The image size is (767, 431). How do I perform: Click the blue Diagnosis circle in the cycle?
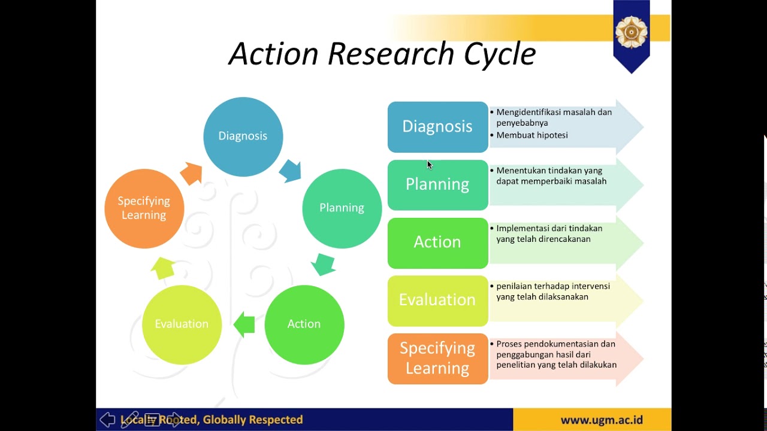point(243,136)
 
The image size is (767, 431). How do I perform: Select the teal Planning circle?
point(342,208)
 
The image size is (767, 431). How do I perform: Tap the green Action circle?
point(304,324)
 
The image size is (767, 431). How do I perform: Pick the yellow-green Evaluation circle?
point(182,324)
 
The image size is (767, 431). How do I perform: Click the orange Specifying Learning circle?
point(144,208)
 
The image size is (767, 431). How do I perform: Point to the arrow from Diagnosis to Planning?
point(291,171)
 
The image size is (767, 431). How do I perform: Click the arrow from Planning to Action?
point(324,264)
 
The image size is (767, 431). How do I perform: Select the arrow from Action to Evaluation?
point(244,324)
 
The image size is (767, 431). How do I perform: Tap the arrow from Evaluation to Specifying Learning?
point(162,268)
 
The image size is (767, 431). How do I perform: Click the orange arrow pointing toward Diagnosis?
point(192,174)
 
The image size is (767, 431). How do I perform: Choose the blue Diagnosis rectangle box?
point(437,127)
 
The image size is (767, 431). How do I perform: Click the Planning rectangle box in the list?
point(437,184)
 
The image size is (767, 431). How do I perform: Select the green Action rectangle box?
point(437,242)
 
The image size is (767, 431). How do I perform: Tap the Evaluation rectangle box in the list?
point(437,300)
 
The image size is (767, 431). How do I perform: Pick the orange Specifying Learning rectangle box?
point(437,358)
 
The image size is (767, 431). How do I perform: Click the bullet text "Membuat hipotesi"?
point(532,135)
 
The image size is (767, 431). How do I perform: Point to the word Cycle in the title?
point(499,54)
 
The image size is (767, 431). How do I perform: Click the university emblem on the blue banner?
point(631,32)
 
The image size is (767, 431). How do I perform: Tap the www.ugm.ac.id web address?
point(602,420)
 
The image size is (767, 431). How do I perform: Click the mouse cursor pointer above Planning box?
point(429,165)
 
